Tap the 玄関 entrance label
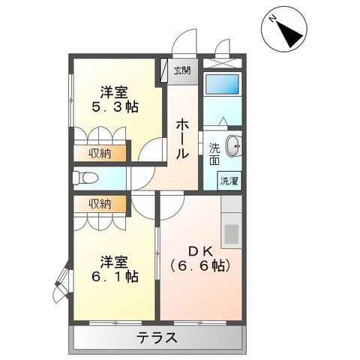(182, 71)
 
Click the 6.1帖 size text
(114, 276)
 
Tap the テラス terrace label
(157, 337)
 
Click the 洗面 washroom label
(215, 154)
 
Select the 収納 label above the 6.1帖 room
(100, 203)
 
